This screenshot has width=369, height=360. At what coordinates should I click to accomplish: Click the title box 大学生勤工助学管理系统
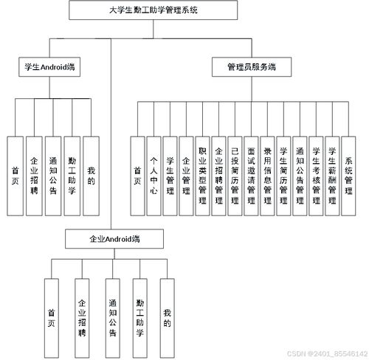(154, 10)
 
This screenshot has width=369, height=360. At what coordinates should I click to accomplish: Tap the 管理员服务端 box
(252, 67)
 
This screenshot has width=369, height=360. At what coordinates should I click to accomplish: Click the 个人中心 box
(154, 176)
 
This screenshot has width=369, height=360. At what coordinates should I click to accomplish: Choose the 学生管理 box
(170, 176)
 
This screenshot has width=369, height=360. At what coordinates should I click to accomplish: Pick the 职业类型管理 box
(202, 176)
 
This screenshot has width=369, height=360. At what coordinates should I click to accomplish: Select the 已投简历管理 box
(235, 176)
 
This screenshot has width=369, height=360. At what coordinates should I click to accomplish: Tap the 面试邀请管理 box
(251, 176)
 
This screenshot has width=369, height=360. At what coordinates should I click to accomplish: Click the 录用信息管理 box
(267, 176)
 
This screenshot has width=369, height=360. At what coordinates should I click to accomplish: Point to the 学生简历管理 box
(283, 176)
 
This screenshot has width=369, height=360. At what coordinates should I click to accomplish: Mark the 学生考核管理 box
(316, 176)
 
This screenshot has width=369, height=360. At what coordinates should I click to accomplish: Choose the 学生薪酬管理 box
(332, 176)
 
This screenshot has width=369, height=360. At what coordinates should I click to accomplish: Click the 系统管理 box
(349, 176)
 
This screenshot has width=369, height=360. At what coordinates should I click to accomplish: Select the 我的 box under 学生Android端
(90, 176)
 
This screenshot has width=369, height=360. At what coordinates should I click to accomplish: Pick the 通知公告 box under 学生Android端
(52, 176)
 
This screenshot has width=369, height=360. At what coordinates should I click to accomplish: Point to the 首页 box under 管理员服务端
(137, 176)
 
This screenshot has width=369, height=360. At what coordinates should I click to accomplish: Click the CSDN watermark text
(325, 353)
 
